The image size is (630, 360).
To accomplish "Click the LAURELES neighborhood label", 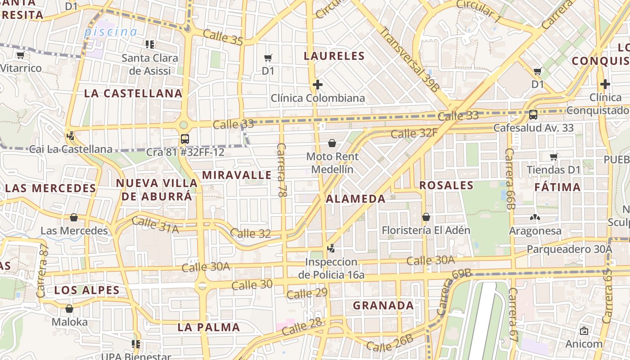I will [x=334, y=56].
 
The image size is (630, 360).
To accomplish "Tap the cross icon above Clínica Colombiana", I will [x=318, y=85].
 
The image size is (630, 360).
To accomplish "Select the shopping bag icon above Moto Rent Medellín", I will [x=332, y=143].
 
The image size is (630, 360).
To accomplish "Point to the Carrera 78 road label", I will [x=282, y=170].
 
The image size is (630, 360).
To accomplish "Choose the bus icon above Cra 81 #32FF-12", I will [x=184, y=139].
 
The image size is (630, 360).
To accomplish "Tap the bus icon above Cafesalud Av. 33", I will [x=533, y=114].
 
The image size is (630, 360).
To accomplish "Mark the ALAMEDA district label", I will [x=355, y=199].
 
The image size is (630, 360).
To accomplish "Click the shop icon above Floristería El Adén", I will [x=426, y=217].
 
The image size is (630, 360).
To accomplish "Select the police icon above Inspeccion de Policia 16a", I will [x=331, y=248].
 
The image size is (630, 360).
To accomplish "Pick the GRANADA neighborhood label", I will [x=383, y=306].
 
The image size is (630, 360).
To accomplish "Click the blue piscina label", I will [x=111, y=32].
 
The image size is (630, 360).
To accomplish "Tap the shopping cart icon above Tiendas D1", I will [x=553, y=157].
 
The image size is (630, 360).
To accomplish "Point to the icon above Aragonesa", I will [x=535, y=218].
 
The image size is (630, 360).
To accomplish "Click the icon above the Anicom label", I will [x=584, y=331].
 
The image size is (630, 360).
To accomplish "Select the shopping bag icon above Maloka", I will [x=69, y=309].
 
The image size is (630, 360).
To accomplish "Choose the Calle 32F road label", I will [x=414, y=133].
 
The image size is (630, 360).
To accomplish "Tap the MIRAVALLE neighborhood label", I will [x=237, y=175].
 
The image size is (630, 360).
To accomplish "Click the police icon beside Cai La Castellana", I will [x=70, y=135].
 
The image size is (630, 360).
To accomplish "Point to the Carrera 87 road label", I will [x=42, y=271].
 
